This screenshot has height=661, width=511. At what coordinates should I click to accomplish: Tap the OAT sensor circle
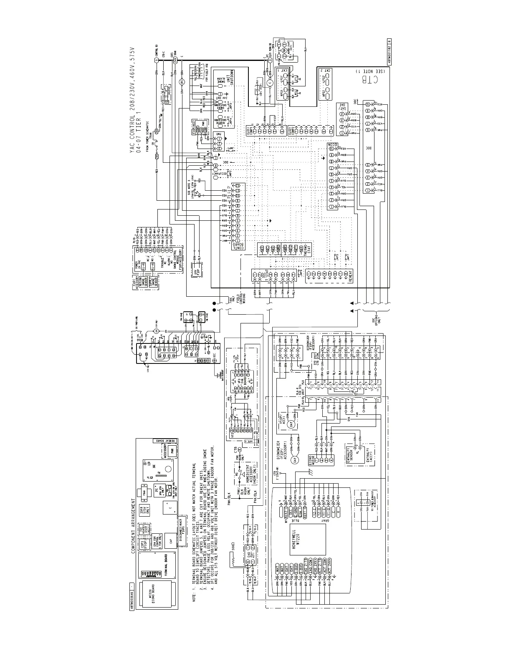tap(292, 424)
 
